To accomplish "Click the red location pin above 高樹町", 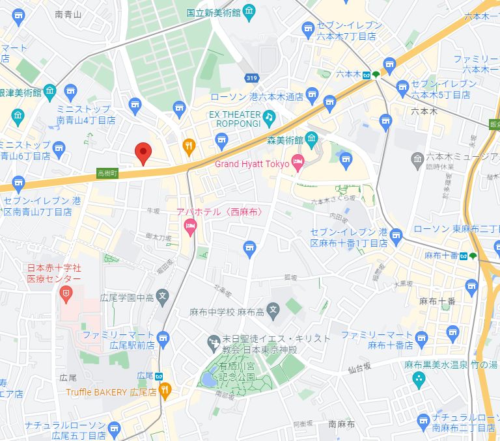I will (x=143, y=154).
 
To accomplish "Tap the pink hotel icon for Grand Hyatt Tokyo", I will (x=298, y=163).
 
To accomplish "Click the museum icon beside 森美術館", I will (x=312, y=139).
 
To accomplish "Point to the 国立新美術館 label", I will (x=213, y=12).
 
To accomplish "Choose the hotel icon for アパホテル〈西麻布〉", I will (x=191, y=227).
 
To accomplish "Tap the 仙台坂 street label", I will (x=357, y=368).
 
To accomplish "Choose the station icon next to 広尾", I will (x=159, y=376).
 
